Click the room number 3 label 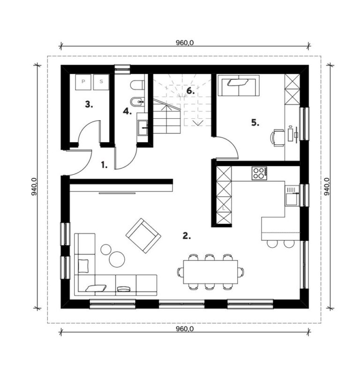(89, 104)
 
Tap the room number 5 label (255, 123)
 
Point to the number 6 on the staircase (190, 91)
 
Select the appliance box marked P (83, 82)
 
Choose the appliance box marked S (101, 82)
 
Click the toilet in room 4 (137, 85)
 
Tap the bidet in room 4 (137, 101)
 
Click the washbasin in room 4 (142, 128)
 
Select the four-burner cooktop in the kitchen (260, 173)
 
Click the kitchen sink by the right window (292, 196)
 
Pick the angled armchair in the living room (143, 236)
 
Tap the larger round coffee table (117, 259)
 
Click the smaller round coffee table (106, 249)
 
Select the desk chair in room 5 (277, 138)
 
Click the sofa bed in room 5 (239, 85)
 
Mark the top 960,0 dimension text (185, 43)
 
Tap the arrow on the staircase (198, 123)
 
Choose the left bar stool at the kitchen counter (272, 244)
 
